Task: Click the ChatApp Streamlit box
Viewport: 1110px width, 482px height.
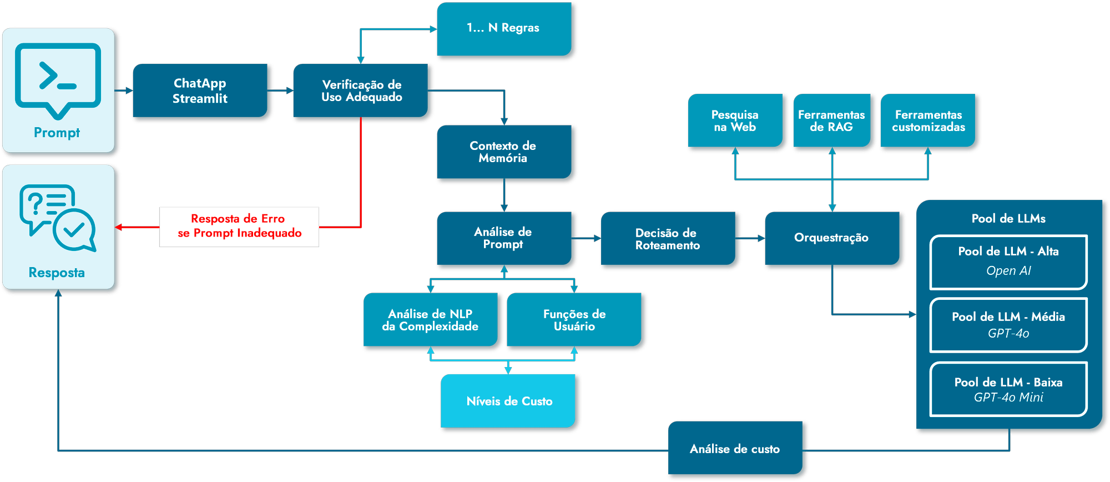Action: coord(200,91)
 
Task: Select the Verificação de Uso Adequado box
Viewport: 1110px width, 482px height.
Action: coord(361,91)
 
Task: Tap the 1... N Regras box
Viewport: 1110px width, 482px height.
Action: coord(503,28)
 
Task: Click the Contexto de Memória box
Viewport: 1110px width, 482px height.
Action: coord(503,152)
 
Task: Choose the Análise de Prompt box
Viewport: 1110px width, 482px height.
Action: coord(503,238)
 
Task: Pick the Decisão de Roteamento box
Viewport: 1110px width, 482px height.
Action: coord(668,239)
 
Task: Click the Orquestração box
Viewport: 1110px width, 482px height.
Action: coord(831,238)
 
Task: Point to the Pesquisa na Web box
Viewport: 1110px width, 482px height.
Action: coord(735,120)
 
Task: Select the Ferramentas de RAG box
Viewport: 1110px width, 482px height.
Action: coord(831,120)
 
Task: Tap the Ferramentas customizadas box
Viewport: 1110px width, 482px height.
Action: coord(928,120)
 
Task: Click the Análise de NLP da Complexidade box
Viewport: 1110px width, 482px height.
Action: coord(430,320)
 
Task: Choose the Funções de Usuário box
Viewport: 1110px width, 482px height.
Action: coord(574,320)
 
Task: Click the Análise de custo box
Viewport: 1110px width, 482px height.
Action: coord(735,448)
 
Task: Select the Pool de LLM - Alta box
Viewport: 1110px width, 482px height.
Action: coord(1008,262)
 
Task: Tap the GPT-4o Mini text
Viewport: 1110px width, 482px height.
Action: coord(1008,398)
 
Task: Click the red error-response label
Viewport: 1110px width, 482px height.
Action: coord(239,227)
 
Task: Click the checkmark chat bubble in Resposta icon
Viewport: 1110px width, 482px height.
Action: coord(74,230)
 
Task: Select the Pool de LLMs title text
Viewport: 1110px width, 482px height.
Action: coord(1008,219)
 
